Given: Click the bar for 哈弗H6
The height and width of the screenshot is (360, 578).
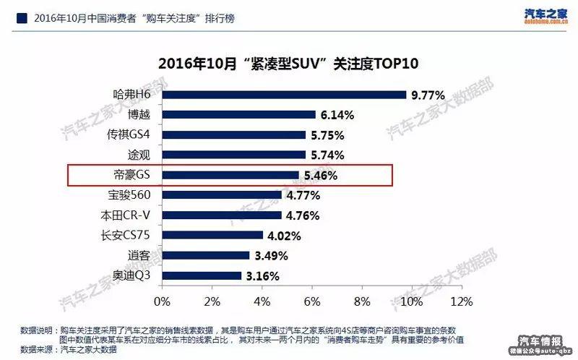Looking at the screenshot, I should click(x=284, y=95).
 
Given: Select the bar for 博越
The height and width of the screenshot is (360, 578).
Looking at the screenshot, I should click(x=238, y=114).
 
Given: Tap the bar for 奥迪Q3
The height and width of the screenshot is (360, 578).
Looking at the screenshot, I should click(x=202, y=275).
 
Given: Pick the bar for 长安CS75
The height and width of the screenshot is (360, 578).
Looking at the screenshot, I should click(x=212, y=235).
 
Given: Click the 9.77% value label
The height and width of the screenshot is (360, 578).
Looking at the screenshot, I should click(x=428, y=95).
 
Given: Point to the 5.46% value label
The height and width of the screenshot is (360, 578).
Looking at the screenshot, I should click(x=321, y=175).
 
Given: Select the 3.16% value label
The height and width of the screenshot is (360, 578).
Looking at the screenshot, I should click(x=263, y=275).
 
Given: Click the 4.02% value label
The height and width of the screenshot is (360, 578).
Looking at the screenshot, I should click(x=285, y=235).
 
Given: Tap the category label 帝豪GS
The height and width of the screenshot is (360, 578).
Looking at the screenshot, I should click(x=132, y=175).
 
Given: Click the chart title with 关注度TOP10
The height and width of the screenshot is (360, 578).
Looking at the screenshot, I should click(x=289, y=64).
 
